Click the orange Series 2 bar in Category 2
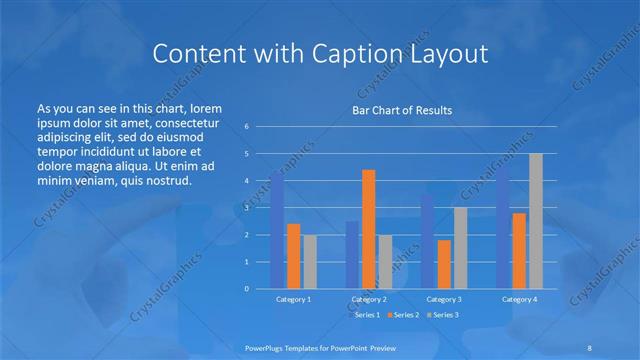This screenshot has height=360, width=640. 368,229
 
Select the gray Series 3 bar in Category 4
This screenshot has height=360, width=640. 536,221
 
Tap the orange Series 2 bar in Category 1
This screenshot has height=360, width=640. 293,256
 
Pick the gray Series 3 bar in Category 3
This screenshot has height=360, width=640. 460,248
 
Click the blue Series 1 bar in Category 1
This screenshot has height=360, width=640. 277,230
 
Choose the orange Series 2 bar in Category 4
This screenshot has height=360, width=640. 519,251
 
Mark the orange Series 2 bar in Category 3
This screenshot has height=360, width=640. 444,264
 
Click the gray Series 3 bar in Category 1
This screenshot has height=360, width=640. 309,262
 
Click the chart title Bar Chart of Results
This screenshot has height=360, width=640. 402,110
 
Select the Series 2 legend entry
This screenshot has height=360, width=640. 402,315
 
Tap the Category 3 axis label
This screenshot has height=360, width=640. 444,299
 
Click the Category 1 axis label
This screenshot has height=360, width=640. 293,299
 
